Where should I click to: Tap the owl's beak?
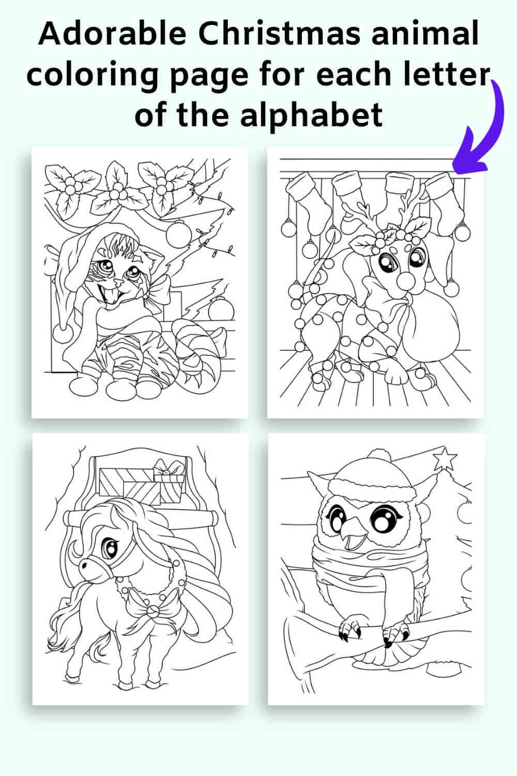pyautogui.click(x=352, y=536)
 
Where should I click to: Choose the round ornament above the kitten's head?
pyautogui.click(x=179, y=234)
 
